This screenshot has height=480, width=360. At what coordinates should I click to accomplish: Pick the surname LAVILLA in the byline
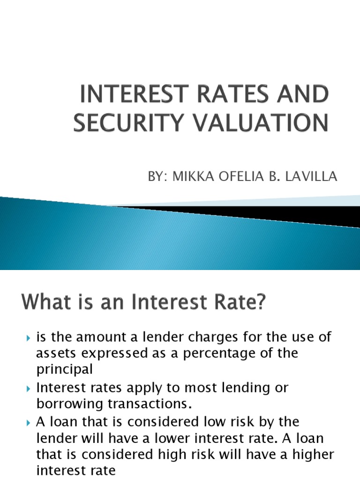pyautogui.click(x=315, y=177)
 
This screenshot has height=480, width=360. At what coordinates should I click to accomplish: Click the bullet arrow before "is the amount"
pyautogui.click(x=28, y=337)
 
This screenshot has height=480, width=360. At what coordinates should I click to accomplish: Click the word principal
pyautogui.click(x=65, y=369)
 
